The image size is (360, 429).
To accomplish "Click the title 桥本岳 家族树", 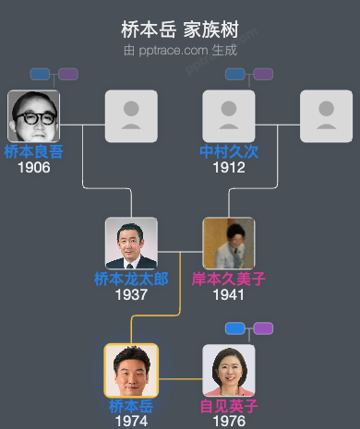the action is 180,30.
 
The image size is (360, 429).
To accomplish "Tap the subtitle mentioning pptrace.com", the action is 180,50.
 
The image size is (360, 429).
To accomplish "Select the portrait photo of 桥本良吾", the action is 33,116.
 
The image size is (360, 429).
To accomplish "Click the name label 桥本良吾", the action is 33,152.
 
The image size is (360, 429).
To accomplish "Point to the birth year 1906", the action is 33,168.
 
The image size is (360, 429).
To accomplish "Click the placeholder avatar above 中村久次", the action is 229,116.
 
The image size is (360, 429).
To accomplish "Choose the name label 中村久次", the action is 229,152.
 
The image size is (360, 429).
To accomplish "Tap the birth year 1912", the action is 229,168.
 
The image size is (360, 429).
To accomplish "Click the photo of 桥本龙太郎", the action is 131,244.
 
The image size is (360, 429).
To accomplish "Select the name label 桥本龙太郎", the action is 131,280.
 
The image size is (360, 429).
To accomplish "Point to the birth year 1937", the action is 131,295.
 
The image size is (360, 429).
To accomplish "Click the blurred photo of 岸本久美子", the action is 229,244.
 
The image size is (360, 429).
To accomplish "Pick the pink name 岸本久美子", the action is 229,280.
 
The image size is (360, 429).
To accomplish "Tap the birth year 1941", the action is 229,295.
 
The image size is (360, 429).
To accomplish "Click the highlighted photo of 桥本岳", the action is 131,371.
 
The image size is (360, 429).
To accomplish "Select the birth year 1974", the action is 131,421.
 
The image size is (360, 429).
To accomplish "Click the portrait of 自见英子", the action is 229,371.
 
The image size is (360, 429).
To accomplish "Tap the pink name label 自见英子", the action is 229,406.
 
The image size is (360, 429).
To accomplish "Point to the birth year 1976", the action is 229,421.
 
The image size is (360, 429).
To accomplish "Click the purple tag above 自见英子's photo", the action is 263,328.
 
